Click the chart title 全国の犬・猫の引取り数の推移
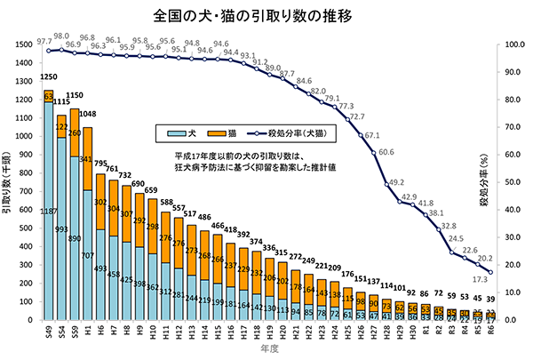coord(266,15)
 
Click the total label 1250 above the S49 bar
coord(49,78)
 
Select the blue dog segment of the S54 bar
coord(62,249)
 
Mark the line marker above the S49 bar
coord(49,51)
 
